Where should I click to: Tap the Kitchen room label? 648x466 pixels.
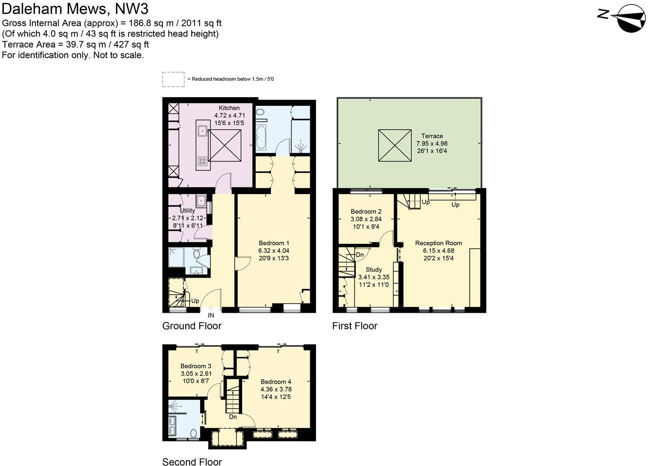(x=229, y=108)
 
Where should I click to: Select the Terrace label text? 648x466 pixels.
(x=432, y=136)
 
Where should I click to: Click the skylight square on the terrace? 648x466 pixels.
(x=394, y=145)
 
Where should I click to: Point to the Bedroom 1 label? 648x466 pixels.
(x=274, y=243)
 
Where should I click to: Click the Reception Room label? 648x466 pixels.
(x=438, y=243)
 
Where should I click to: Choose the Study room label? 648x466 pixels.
(x=373, y=269)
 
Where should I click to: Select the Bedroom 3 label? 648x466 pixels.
(x=196, y=366)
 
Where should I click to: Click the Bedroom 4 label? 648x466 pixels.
(x=276, y=381)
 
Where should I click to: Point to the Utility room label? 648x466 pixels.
(x=187, y=211)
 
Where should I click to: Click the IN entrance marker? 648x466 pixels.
(x=211, y=315)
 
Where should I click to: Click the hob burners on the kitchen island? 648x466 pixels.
(x=202, y=161)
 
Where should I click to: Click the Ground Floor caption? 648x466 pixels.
(x=192, y=326)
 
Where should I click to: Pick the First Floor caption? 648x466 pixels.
(x=355, y=326)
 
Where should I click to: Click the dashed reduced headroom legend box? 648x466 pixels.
(x=173, y=79)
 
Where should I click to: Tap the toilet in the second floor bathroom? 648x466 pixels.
(x=193, y=433)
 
